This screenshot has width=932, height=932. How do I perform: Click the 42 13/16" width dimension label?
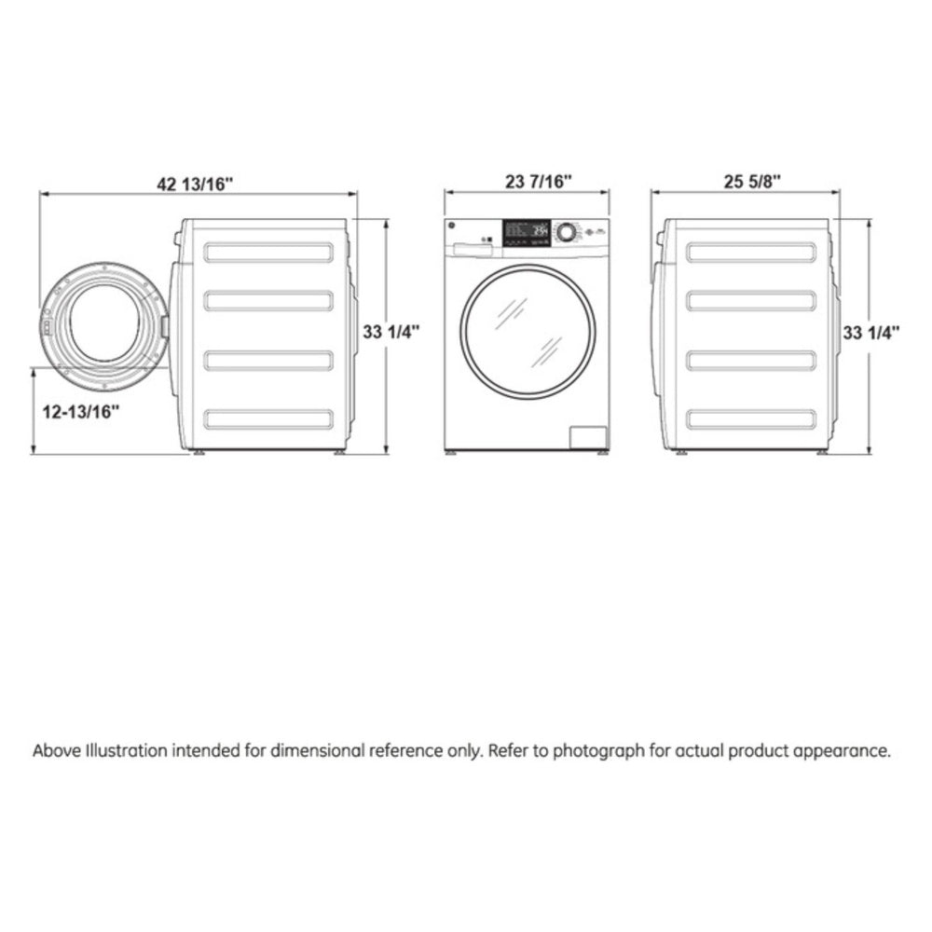(195, 184)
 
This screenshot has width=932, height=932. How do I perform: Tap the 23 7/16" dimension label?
(526, 182)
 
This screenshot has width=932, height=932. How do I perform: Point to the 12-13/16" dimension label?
(82, 411)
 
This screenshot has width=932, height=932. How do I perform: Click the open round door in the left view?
(104, 323)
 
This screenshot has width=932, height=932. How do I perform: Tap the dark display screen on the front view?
(526, 232)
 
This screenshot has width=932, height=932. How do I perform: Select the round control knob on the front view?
(566, 232)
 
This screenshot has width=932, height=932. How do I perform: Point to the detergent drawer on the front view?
(472, 247)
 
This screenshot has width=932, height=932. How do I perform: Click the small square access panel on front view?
(587, 439)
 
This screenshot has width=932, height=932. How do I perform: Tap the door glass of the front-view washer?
(528, 331)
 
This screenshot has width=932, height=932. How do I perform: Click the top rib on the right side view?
(750, 252)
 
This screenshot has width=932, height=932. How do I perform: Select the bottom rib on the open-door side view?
(268, 419)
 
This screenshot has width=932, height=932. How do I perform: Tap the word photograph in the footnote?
(598, 751)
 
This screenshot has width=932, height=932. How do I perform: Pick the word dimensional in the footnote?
(319, 751)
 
